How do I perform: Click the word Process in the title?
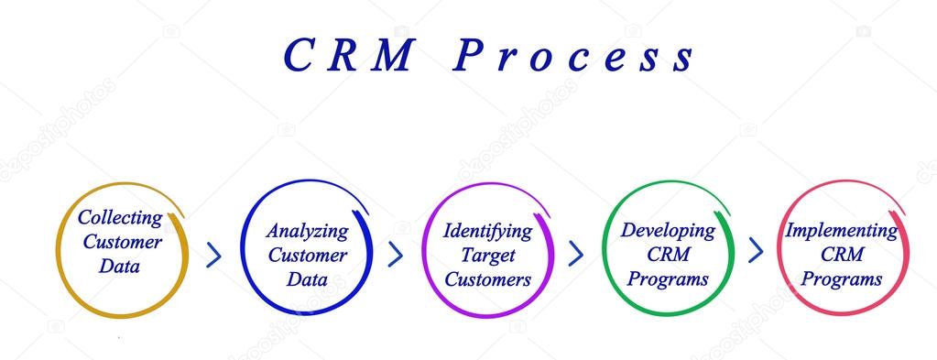[x=574, y=56]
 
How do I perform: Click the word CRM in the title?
[x=351, y=56]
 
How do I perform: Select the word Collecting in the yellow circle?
[x=120, y=218]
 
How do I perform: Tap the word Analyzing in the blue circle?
[x=307, y=231]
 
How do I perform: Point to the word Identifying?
[x=487, y=231]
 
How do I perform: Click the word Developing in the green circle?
[x=668, y=231]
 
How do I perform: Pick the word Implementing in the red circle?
[x=841, y=231]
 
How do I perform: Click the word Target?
[x=487, y=256]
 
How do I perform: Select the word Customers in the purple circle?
[x=487, y=279]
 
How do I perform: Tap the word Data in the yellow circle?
[x=120, y=267]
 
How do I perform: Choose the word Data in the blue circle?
[x=307, y=279]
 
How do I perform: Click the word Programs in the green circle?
[x=668, y=279]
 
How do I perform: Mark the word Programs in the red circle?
[x=841, y=279]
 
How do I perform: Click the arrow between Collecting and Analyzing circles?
[x=214, y=254]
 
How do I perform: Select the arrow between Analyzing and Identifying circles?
[x=396, y=254]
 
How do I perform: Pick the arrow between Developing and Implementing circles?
[x=756, y=249]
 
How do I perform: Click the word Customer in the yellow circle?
[x=122, y=243]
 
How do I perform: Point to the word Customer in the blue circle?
[x=307, y=256]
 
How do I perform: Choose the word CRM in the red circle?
[x=841, y=256]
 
